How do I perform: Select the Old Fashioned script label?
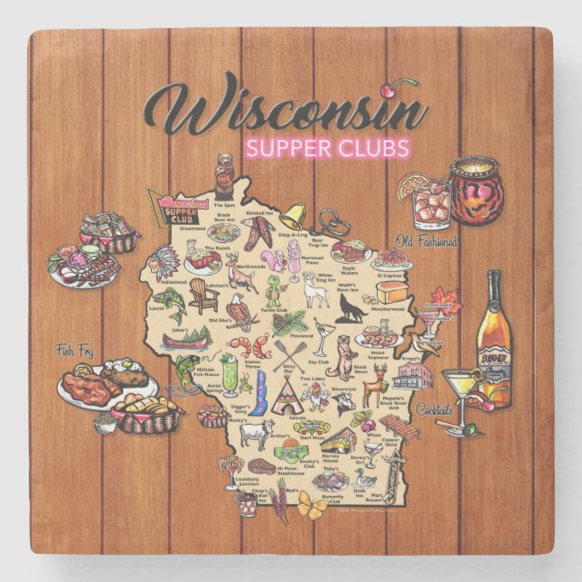pos(425,242)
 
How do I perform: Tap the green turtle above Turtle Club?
pos(271,288)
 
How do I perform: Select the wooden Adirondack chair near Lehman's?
pos(203,294)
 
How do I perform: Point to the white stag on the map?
pos(314,291)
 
